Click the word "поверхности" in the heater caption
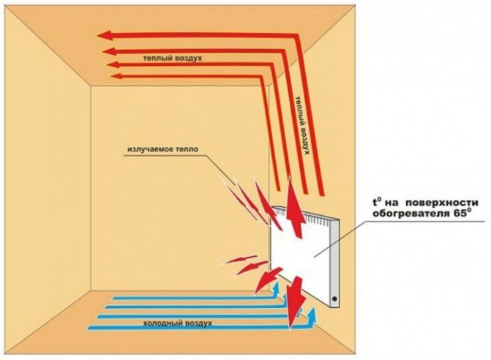(443, 202)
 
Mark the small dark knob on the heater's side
(335, 299)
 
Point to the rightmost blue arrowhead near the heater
(313, 314)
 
